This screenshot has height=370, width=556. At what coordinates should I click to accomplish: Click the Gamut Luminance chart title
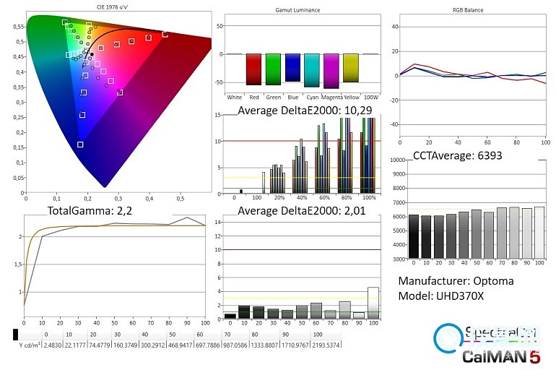[x=299, y=11]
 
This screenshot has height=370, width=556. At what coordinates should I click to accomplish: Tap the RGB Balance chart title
[x=469, y=11]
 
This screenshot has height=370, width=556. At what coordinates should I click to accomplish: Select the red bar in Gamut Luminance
[x=253, y=69]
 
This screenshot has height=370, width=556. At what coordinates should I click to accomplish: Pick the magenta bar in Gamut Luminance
[x=331, y=71]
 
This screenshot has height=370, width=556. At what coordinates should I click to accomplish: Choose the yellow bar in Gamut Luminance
[x=351, y=67]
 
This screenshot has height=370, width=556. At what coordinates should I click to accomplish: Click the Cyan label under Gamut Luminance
[x=312, y=98]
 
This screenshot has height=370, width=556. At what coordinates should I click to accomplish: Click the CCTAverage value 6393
[x=487, y=155]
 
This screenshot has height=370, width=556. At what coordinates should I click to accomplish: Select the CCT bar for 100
[x=539, y=233]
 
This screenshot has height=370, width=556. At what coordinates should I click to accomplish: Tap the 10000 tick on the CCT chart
[x=396, y=160]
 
